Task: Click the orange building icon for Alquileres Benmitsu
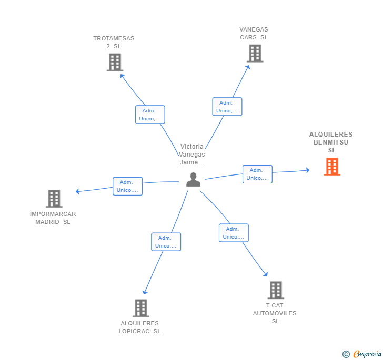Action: [x=332, y=167]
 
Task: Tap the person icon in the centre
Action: [x=193, y=180]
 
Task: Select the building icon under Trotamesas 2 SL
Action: [x=115, y=63]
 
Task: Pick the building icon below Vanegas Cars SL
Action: [x=255, y=54]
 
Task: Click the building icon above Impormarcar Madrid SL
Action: [x=54, y=199]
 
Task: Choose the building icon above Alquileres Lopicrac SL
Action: [x=141, y=308]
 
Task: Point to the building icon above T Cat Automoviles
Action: [x=276, y=290]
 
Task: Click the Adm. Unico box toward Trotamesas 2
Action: [x=150, y=115]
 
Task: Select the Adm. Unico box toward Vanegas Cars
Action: [x=227, y=107]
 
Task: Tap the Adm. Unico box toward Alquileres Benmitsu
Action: [x=257, y=174]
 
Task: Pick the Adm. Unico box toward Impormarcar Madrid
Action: [x=127, y=186]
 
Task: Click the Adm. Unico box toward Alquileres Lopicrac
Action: [x=166, y=242]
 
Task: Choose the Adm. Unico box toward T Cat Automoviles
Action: [x=234, y=233]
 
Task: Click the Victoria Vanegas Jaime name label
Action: [x=191, y=155]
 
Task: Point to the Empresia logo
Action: [x=362, y=354]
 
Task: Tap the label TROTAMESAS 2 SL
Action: [x=114, y=42]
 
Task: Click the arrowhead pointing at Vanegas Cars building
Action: [x=248, y=67]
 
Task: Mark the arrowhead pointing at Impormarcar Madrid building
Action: [x=77, y=191]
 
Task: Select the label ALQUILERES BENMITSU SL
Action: [x=331, y=142]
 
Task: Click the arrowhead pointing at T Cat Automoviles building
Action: [x=266, y=274]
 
